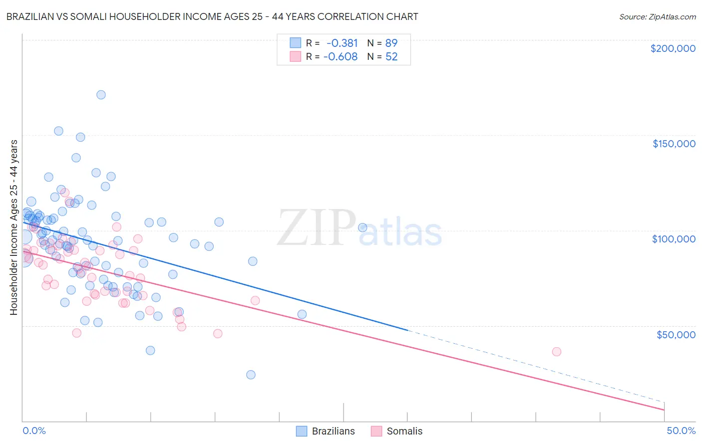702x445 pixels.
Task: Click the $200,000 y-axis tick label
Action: (673, 48)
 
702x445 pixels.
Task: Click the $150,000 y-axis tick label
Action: (674, 144)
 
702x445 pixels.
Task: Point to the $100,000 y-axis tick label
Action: (674, 239)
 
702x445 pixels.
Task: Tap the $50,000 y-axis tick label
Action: (676, 334)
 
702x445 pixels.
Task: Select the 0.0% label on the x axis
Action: (34, 431)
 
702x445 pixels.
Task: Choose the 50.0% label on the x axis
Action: (681, 431)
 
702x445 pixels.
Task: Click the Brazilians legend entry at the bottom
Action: (326, 431)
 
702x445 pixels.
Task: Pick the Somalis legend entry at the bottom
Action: (397, 431)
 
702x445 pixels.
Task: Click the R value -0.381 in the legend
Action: (342, 43)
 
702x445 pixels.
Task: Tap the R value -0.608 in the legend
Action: (341, 57)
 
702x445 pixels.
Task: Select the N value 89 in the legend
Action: (391, 43)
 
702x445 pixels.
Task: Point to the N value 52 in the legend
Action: (391, 57)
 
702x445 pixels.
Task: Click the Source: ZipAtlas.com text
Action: (657, 16)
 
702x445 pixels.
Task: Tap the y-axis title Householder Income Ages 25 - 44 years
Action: (13, 227)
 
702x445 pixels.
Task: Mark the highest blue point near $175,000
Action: (101, 95)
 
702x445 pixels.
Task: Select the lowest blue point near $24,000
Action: (251, 375)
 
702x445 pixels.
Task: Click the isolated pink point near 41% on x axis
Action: (557, 352)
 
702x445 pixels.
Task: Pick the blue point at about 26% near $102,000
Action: (362, 227)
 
